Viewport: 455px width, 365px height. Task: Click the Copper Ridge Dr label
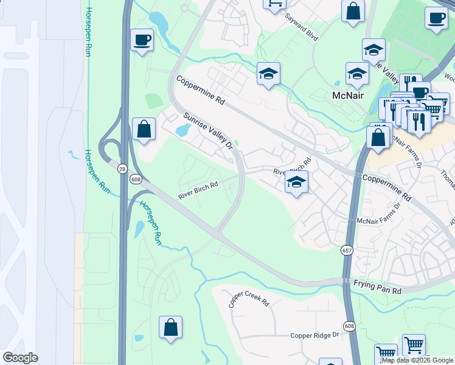(x=314, y=335)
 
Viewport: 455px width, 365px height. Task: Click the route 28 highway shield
(x=123, y=168)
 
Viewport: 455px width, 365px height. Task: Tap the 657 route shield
(x=347, y=251)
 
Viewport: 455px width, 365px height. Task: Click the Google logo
(x=20, y=358)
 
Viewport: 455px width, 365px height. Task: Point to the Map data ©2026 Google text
(x=417, y=360)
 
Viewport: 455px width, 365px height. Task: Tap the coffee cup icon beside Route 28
(x=142, y=41)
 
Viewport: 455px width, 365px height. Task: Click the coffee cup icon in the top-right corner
(x=436, y=18)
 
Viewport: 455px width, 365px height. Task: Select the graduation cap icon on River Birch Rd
(x=296, y=182)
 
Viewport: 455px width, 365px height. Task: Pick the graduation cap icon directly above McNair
(x=357, y=74)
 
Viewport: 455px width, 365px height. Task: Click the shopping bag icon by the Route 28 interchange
(x=144, y=129)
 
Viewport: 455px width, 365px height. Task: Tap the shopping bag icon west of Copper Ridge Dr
(x=170, y=327)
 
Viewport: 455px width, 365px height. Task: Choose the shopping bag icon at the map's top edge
(x=353, y=11)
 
